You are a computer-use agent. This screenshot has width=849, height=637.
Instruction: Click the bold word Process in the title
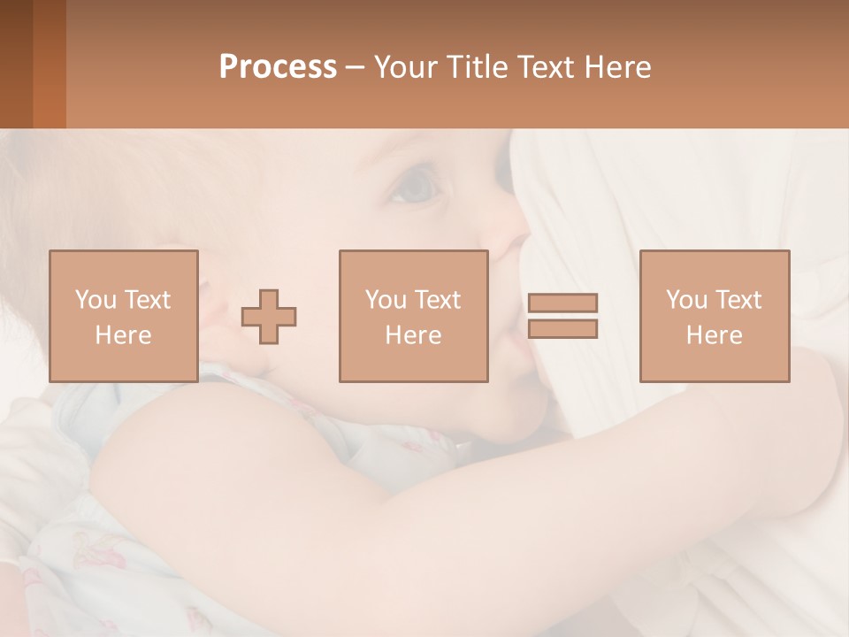[x=278, y=67]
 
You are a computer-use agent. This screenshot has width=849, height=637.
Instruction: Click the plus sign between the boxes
[x=269, y=317]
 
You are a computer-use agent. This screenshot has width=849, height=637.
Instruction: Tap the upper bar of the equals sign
[x=562, y=303]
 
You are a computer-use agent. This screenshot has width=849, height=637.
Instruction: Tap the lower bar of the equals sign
[x=562, y=328]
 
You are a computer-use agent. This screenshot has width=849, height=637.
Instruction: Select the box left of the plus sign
[x=123, y=316]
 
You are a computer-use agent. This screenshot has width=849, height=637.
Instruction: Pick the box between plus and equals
[x=413, y=316]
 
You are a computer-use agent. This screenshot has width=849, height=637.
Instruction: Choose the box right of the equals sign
[x=714, y=316]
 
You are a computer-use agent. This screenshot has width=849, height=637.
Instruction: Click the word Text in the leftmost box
[x=146, y=300]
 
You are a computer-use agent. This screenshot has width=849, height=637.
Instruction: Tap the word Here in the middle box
[x=413, y=335]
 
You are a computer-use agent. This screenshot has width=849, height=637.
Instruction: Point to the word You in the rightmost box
[x=686, y=300]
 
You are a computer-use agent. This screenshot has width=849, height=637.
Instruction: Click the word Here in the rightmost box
[x=714, y=335]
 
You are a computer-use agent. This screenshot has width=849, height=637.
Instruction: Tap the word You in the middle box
[x=386, y=300]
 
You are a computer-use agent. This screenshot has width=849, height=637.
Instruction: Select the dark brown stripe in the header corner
[x=16, y=64]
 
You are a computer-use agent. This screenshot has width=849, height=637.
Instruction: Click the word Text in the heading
[x=543, y=67]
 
